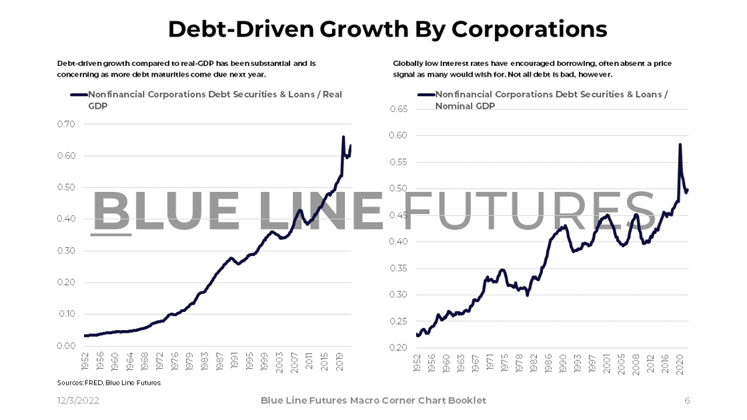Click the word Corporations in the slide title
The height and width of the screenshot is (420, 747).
529,29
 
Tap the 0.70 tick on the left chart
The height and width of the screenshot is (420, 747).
66,124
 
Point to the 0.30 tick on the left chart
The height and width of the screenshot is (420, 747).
66,251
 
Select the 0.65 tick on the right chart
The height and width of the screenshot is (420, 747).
398,109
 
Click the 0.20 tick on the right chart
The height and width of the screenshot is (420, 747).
398,347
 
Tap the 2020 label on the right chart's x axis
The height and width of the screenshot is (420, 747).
681,365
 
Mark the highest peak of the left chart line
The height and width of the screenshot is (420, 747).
343,137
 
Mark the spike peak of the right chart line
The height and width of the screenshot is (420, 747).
680,144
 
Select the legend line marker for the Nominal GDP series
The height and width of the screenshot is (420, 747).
426,95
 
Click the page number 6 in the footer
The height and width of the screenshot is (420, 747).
687,401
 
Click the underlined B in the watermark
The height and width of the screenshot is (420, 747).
111,211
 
